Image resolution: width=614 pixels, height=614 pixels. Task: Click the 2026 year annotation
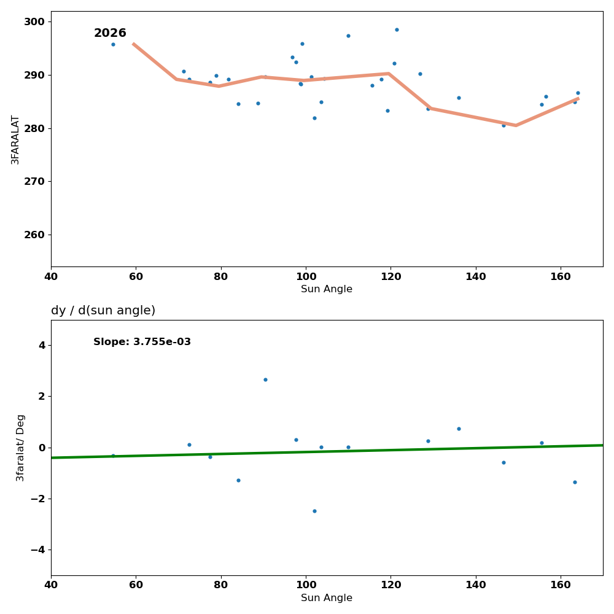(110, 33)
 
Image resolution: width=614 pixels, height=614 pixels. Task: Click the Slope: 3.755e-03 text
(142, 342)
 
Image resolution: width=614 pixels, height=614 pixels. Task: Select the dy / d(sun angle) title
(103, 311)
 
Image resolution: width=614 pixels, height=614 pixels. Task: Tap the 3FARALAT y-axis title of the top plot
(15, 139)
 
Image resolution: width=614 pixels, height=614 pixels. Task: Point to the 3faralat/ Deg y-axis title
(20, 448)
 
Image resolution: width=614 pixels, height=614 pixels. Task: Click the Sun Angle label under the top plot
(327, 289)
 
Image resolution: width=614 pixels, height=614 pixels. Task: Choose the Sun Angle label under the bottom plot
(327, 598)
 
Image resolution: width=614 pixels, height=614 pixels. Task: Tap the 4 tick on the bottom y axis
(42, 345)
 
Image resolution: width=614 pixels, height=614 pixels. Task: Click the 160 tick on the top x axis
(561, 276)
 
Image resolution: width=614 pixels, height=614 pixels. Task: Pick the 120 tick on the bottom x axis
(391, 585)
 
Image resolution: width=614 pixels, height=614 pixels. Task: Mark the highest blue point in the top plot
(397, 29)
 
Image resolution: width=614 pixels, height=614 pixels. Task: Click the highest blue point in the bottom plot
(265, 379)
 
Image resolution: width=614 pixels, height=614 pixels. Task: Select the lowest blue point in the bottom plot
(314, 511)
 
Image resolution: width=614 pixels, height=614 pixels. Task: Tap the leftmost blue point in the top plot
(113, 44)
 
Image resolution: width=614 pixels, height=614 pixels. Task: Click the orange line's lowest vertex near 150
(516, 125)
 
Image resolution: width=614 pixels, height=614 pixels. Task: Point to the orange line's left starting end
(133, 44)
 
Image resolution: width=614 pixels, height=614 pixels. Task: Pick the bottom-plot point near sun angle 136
(459, 429)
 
